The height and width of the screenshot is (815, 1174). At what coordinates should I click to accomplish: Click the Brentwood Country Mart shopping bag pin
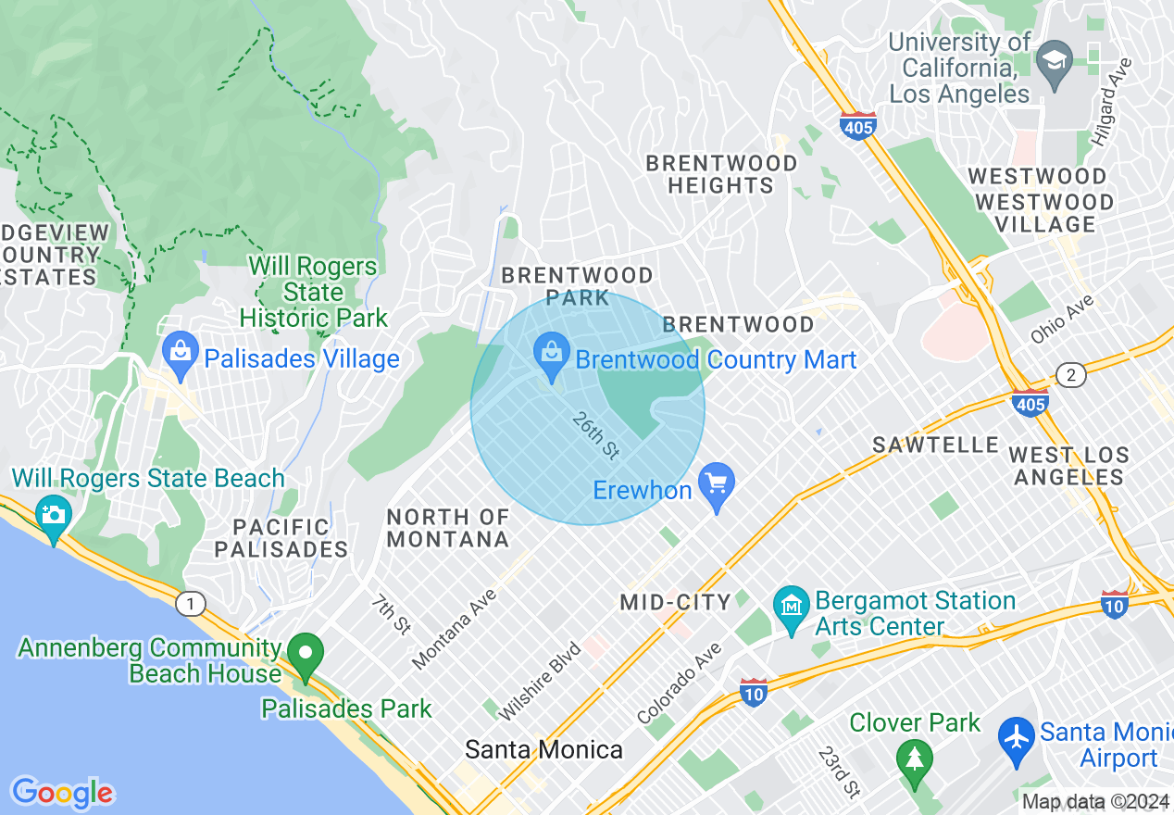[552, 357]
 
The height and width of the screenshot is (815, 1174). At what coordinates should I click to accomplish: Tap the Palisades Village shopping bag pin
[180, 356]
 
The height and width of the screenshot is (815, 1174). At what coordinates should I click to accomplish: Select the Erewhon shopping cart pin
[716, 487]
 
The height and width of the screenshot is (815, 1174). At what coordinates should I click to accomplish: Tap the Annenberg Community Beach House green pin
[306, 657]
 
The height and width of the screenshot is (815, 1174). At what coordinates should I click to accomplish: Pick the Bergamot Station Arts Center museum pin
[792, 609]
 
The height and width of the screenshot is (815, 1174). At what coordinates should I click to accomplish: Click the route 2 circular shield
[1070, 375]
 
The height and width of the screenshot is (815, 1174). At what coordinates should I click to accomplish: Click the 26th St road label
[595, 435]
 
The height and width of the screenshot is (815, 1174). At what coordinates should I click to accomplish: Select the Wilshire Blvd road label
[540, 681]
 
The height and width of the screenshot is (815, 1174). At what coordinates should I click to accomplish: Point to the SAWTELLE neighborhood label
[935, 445]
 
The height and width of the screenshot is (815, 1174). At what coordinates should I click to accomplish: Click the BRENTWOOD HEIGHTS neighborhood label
[721, 174]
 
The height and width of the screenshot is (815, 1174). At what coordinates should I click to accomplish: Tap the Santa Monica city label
[543, 749]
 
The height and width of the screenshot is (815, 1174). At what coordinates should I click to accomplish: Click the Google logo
[62, 793]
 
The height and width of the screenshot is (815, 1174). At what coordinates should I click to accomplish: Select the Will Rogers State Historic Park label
[313, 292]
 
